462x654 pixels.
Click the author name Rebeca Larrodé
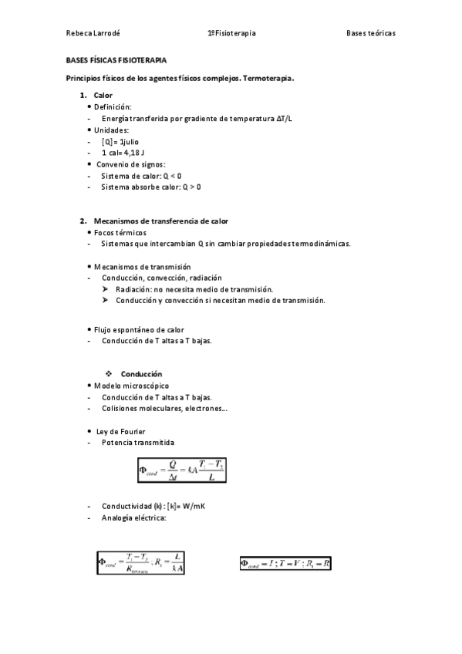[93, 33]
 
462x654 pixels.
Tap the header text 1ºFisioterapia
[232, 33]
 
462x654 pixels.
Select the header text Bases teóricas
[370, 33]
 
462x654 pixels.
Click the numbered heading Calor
[103, 95]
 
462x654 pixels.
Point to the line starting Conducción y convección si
[220, 300]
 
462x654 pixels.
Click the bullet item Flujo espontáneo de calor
[139, 329]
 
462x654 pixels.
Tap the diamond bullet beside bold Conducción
[109, 374]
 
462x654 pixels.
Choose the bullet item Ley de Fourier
[119, 431]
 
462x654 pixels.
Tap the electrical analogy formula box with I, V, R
[286, 564]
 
